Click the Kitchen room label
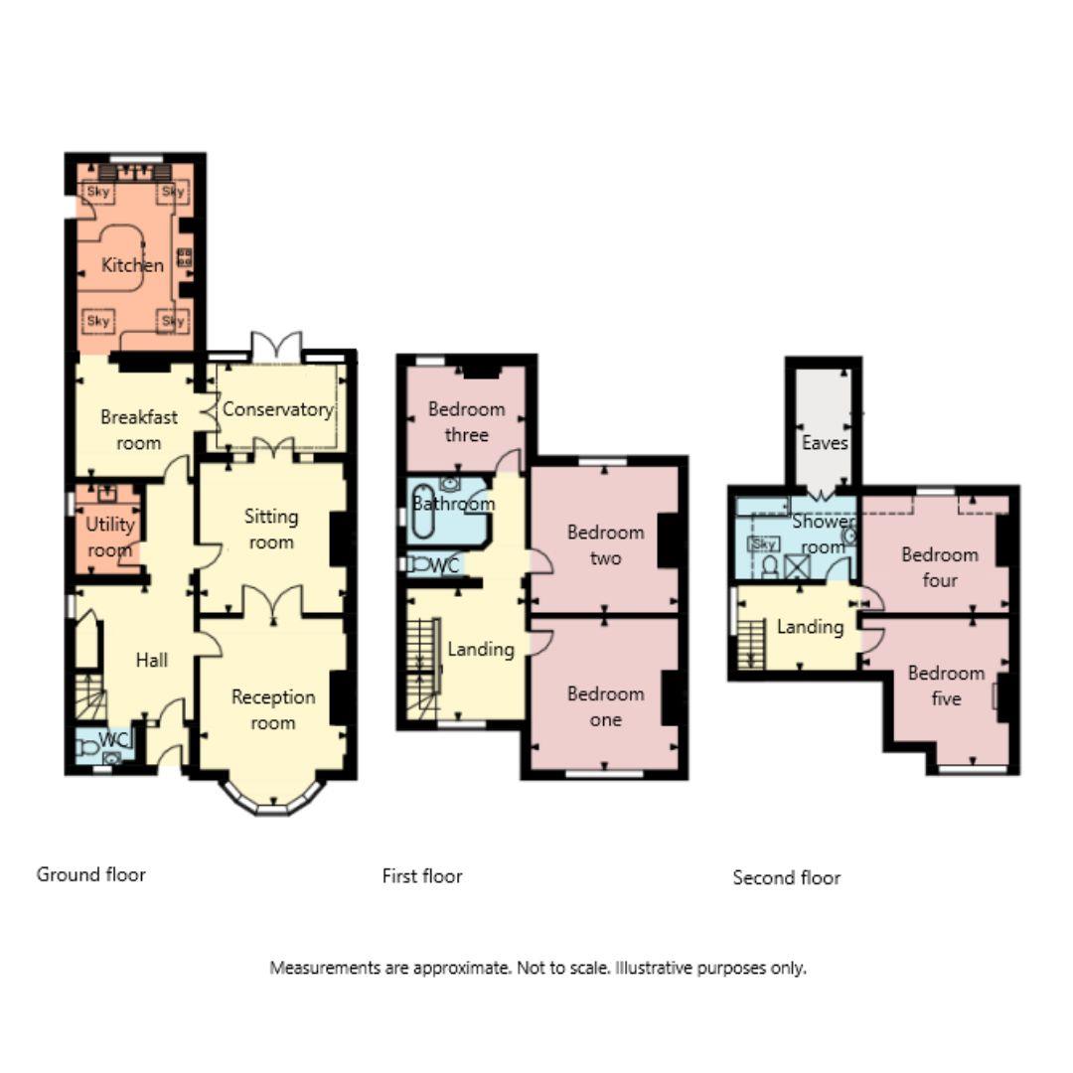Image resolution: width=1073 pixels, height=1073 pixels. coord(132,265)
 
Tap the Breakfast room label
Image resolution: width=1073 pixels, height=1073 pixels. coord(138,429)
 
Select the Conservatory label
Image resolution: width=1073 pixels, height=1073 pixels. coord(277,409)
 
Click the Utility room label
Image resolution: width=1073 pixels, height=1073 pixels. coord(109,536)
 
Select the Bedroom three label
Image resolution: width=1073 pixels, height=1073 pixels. coord(466,421)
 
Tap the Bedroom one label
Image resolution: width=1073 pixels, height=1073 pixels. coord(605,706)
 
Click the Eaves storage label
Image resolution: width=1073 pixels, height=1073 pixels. coord(825,443)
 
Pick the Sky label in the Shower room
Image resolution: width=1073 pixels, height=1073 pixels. coord(763,543)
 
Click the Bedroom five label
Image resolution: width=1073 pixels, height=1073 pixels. coord(946,686)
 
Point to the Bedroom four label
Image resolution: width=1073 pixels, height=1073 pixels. coord(939,566)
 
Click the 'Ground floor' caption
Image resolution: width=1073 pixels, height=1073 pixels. coord(91,874)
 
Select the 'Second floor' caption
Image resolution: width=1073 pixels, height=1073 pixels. coord(786,877)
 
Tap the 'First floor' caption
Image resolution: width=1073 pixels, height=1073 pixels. coord(422,875)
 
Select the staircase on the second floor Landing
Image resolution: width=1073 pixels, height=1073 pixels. coord(751,642)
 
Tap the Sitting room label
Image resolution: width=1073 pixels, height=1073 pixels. coord(271,529)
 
